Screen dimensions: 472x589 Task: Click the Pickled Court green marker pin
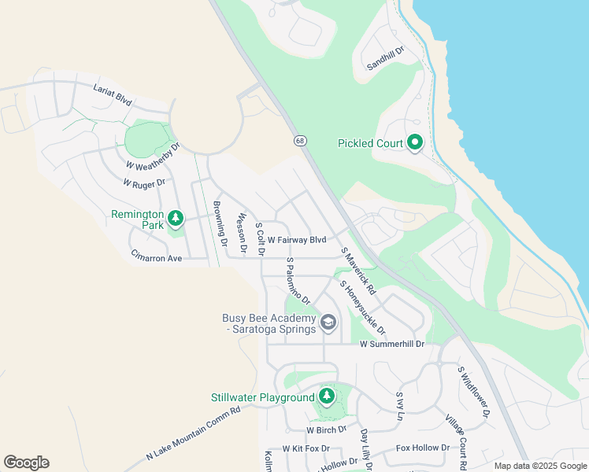(415, 142)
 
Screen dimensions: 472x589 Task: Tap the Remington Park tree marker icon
(176, 218)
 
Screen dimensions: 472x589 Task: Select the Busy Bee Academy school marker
(328, 322)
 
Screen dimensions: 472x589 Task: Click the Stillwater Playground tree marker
(326, 396)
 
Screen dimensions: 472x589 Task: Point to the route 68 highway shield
(300, 140)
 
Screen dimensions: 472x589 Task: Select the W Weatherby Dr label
(153, 156)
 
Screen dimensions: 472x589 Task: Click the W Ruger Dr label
(144, 183)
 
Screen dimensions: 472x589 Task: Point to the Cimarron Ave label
(156, 258)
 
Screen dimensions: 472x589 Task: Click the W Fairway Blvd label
(296, 239)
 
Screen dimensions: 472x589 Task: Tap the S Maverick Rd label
(358, 271)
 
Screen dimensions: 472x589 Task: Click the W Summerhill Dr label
(392, 344)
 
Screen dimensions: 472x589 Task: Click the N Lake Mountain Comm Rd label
(193, 433)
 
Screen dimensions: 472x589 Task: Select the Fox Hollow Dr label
(422, 448)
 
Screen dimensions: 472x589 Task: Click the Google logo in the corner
(26, 463)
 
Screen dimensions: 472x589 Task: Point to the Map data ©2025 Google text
(539, 466)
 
